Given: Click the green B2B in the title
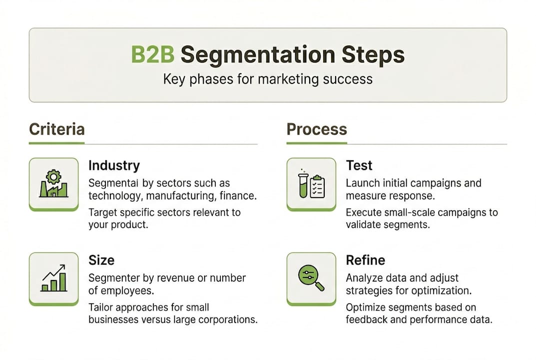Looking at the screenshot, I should [152, 55].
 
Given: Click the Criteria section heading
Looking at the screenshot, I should [56, 129].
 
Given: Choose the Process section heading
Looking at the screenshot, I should [317, 129].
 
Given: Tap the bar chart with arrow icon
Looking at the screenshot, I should [53, 278].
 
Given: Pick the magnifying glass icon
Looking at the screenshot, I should [311, 278].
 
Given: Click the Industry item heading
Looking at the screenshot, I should [114, 165].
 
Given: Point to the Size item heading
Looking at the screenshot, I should [101, 260].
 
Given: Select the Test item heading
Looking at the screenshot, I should [359, 165].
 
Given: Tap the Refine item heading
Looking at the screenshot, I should [365, 260].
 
